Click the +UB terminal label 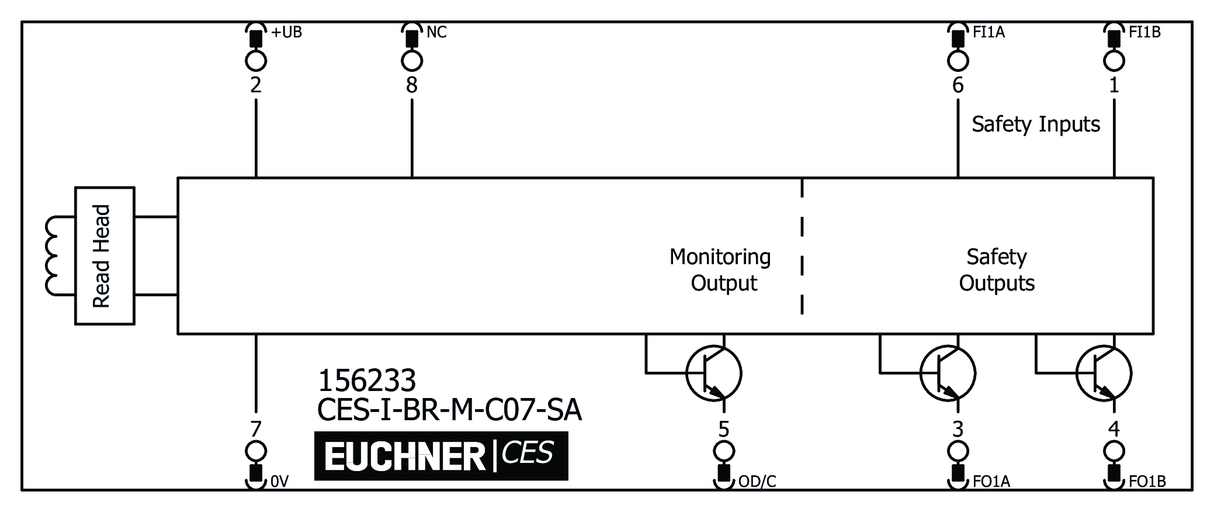(x=286, y=32)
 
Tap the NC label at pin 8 (x=436, y=32)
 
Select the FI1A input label (x=988, y=32)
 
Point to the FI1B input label (x=1144, y=32)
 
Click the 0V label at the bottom (x=280, y=482)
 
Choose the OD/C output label (x=757, y=482)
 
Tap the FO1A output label (x=991, y=482)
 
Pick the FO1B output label (x=1147, y=482)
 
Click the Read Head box (x=105, y=256)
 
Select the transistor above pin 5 (x=713, y=373)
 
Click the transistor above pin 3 (x=947, y=373)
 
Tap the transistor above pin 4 (x=1103, y=373)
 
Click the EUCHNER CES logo (x=441, y=456)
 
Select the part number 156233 (x=367, y=381)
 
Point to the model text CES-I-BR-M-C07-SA (x=449, y=410)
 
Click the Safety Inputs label (x=1036, y=124)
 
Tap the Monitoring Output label (x=720, y=270)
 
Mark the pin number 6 (x=958, y=86)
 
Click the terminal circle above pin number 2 (x=256, y=60)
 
